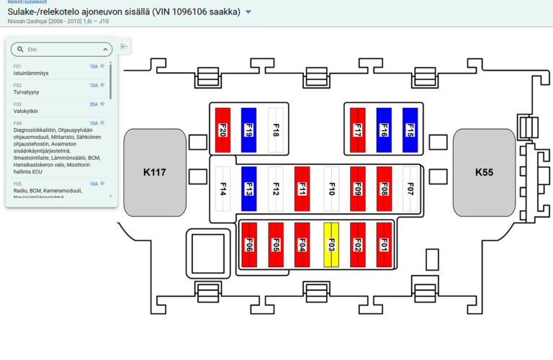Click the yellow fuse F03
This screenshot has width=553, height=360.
click(331, 245)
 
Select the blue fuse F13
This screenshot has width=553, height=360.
click(248, 189)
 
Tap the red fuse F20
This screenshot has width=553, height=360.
click(222, 130)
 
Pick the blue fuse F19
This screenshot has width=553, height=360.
click(248, 130)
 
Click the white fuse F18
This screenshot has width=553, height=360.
click(275, 130)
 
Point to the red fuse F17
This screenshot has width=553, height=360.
click(357, 130)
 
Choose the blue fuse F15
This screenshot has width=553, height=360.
click(410, 130)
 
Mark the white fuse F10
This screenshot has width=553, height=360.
click(331, 189)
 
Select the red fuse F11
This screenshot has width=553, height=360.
click(302, 189)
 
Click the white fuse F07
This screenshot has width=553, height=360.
click(410, 189)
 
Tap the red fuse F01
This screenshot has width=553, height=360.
click(384, 245)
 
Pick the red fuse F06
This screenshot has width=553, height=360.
click(249, 245)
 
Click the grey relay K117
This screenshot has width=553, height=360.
click(154, 172)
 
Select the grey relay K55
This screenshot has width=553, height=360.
click(483, 172)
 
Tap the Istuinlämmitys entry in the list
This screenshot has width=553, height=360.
click(31, 73)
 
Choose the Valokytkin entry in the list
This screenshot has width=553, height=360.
click(26, 111)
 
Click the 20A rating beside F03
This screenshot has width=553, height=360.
click(94, 104)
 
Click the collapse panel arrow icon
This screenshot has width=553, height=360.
click(125, 47)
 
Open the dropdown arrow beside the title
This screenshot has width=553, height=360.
click(248, 12)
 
